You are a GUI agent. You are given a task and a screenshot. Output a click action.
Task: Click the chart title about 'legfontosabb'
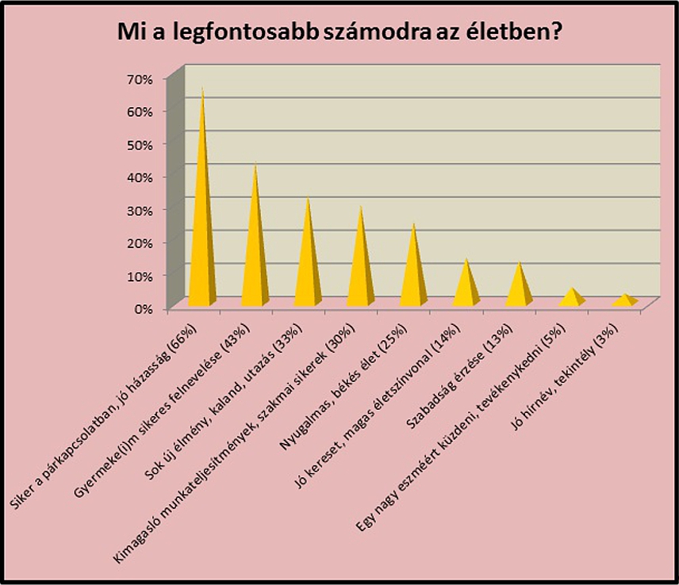339,32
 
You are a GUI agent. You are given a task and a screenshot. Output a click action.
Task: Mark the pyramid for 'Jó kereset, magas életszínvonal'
466,287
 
